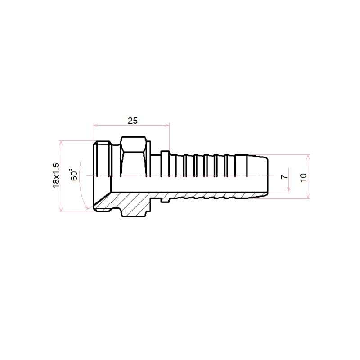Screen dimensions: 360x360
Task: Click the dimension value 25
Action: click(x=132, y=121)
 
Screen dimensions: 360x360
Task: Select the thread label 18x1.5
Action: click(x=56, y=176)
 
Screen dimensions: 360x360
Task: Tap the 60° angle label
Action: click(x=74, y=175)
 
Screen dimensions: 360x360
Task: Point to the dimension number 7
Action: click(x=284, y=176)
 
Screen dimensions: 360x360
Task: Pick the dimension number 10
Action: click(x=303, y=177)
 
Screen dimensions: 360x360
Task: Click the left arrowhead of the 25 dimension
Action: click(x=95, y=125)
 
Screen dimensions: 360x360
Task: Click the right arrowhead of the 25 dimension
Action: click(x=167, y=125)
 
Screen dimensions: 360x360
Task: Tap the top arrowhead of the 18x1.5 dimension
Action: click(x=61, y=143)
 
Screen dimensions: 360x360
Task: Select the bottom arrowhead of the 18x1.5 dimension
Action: click(x=61, y=209)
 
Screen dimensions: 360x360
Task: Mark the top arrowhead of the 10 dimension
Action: click(x=308, y=157)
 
